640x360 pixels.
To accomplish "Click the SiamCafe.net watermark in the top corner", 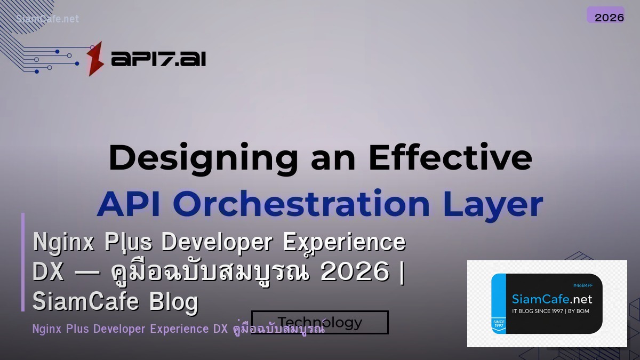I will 47,19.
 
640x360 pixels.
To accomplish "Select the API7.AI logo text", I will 158,59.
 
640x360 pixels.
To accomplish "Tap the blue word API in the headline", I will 131,204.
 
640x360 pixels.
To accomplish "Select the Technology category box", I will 319,322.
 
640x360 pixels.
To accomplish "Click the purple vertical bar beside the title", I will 23,262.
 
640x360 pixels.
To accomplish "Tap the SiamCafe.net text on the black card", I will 552,299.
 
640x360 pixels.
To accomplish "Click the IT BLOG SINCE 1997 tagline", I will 551,311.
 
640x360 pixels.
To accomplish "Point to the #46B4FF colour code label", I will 582,285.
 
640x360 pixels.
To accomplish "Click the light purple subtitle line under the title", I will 179,329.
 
